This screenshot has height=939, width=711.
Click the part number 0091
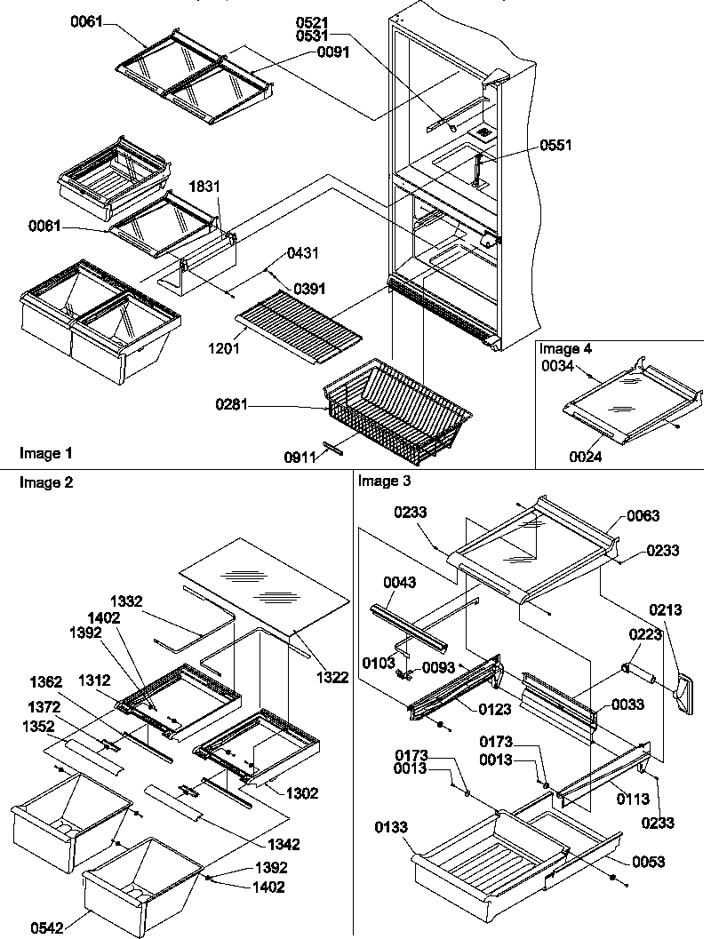(332, 52)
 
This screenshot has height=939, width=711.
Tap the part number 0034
(557, 364)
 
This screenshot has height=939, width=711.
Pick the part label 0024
(587, 458)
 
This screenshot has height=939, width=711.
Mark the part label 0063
(643, 515)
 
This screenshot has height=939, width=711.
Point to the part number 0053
(650, 862)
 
